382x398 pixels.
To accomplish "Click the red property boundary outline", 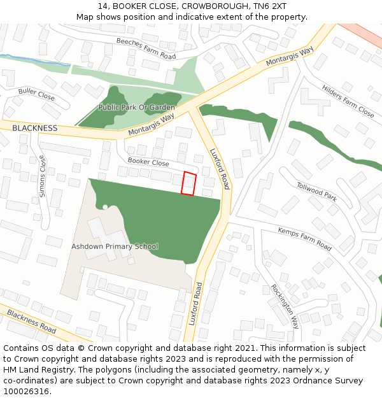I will [x=188, y=183].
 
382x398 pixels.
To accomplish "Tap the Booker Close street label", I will [x=148, y=162].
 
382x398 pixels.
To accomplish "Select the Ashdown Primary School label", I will [x=115, y=246].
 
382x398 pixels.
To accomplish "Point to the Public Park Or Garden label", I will [x=136, y=108].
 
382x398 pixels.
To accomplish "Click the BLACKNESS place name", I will [x=34, y=128].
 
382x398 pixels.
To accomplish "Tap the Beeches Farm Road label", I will [x=146, y=48].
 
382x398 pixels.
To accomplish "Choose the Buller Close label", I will [x=36, y=94].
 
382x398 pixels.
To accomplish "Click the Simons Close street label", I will [x=43, y=176].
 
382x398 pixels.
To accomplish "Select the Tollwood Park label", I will [x=316, y=191].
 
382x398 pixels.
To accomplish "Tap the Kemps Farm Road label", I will [x=304, y=238].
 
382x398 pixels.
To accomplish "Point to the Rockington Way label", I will [x=285, y=306].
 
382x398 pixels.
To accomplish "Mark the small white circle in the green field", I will [x=105, y=207].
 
